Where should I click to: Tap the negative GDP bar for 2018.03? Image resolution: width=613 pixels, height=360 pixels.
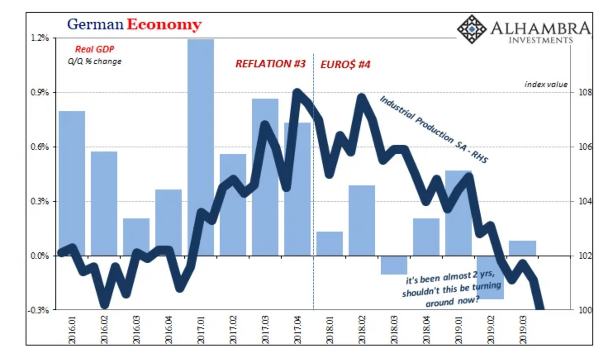tap(394, 265)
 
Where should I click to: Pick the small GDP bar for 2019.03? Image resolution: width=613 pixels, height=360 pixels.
tap(522, 248)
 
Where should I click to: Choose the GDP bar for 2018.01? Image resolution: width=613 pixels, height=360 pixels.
tap(330, 244)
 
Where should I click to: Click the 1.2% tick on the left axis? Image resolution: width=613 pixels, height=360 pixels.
tap(40, 38)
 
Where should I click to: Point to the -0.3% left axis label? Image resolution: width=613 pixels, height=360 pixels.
tap(38, 310)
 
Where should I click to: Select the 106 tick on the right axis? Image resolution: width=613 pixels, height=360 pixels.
tap(584, 147)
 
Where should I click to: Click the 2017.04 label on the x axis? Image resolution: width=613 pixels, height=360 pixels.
tap(297, 330)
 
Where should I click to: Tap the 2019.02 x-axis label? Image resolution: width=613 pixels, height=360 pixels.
tap(491, 330)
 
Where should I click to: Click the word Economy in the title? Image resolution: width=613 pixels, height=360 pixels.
tap(164, 24)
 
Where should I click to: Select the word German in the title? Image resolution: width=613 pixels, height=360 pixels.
tap(95, 24)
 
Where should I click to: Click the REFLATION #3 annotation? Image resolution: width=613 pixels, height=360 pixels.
tap(271, 64)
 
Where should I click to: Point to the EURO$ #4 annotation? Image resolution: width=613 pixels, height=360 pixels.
tap(345, 64)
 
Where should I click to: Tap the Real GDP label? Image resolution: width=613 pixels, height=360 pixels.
tap(95, 49)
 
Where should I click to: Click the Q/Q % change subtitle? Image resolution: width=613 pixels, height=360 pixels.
tap(95, 62)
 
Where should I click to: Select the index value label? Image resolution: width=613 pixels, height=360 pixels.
tap(546, 84)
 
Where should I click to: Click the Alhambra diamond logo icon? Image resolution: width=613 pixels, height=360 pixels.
tap(471, 29)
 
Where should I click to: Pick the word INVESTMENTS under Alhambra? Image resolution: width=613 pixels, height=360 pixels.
tap(540, 40)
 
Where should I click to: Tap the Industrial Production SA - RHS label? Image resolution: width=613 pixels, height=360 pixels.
tap(434, 129)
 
